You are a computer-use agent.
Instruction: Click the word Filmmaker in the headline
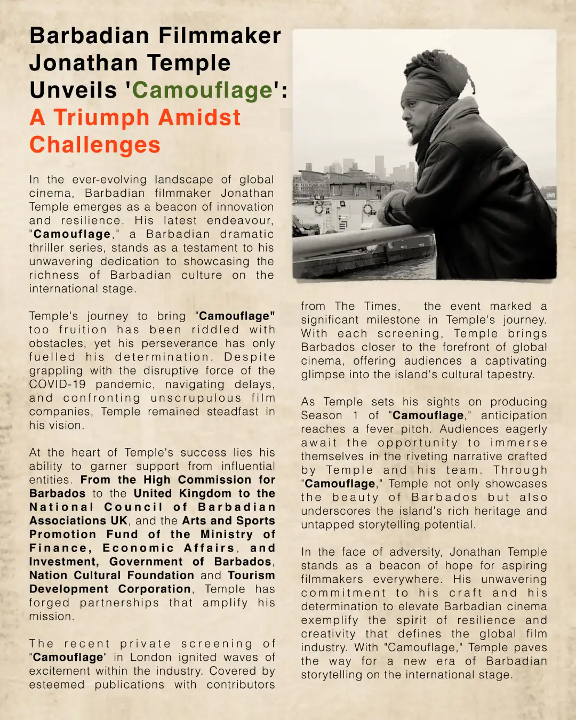point(220,36)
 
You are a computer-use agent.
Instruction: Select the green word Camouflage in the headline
point(202,90)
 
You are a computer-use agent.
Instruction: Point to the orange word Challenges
point(95,145)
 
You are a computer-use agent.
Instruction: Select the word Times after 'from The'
point(382,306)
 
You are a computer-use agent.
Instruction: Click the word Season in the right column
point(322,415)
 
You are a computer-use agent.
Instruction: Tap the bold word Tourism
point(251,575)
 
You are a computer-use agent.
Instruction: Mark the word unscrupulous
point(196,398)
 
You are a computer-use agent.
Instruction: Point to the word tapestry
point(508,374)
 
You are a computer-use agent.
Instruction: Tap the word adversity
point(415,552)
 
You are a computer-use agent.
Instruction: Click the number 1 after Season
point(355,415)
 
